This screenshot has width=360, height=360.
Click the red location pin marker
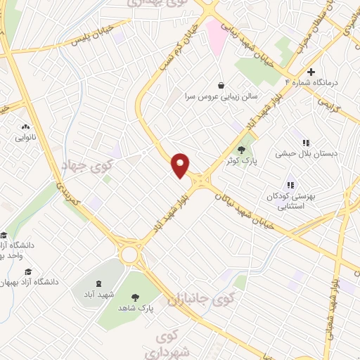click(181, 165)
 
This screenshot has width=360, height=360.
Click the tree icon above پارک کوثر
click(243, 149)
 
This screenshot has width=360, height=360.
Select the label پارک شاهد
click(135, 307)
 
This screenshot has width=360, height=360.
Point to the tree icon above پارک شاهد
click(135, 296)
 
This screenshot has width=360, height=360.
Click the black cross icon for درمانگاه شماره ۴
click(311, 72)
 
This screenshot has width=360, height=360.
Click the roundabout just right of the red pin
click(205, 181)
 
